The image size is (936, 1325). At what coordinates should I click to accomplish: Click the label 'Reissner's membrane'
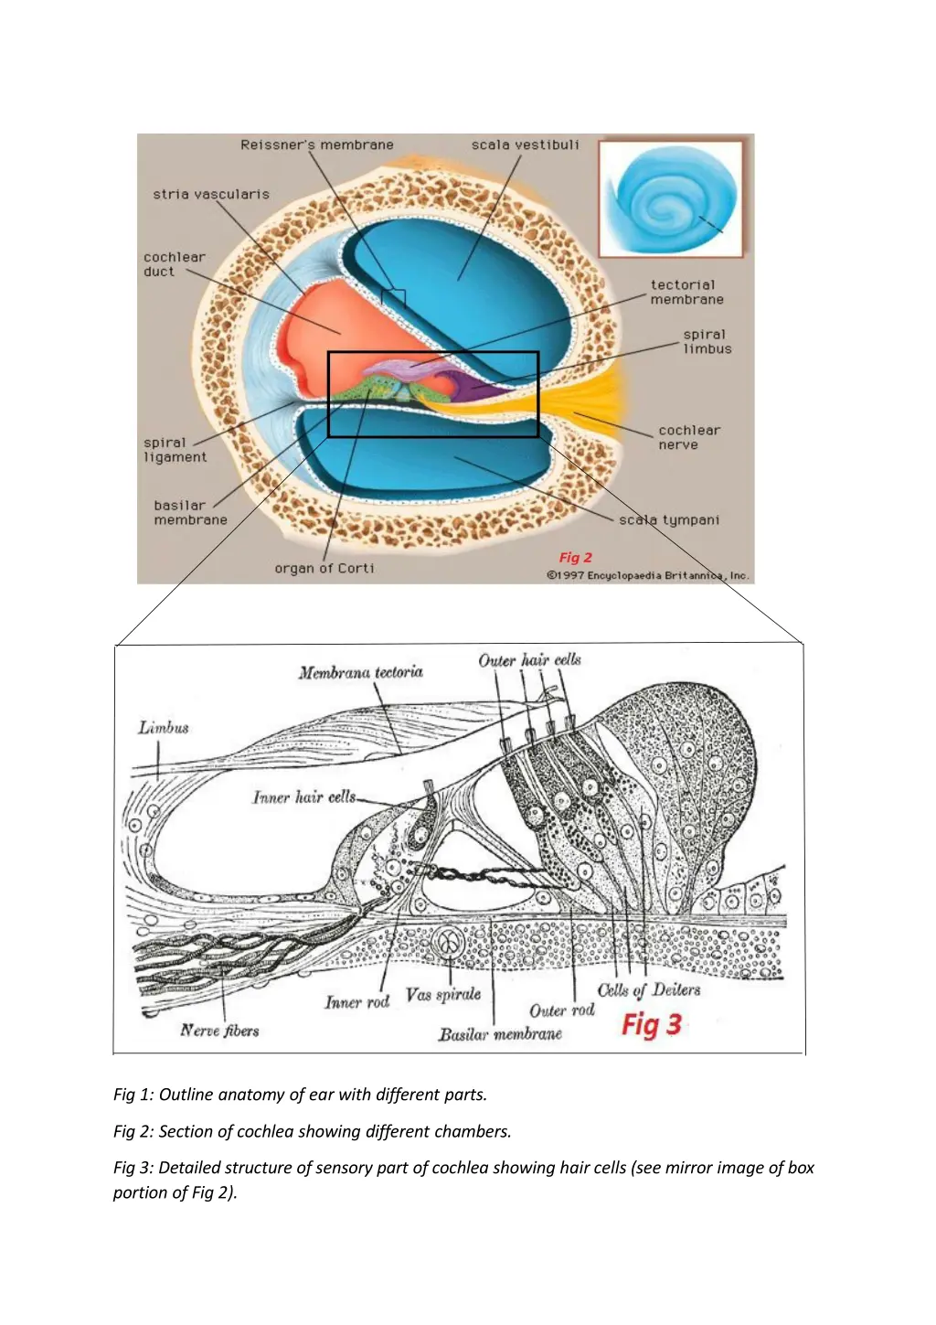coord(317,144)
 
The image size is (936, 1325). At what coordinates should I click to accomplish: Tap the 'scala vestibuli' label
coord(525,144)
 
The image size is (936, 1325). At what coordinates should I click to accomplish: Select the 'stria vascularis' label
coord(211,194)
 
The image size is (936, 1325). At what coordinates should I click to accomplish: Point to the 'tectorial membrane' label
coord(686,292)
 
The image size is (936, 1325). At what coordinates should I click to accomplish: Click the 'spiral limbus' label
coord(707,341)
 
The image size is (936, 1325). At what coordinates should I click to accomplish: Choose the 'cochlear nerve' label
coord(689,437)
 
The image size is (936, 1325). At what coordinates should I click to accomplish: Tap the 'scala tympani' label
coord(669,519)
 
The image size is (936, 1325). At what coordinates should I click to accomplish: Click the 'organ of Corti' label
coord(324,568)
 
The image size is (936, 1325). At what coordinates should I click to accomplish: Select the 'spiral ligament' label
coord(175,450)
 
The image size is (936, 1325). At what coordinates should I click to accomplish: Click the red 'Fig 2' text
coord(576,557)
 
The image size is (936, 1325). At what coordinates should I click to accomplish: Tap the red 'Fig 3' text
coord(652,1024)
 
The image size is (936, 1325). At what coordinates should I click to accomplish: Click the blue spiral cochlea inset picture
coord(672,200)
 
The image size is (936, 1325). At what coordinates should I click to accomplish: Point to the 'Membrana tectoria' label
coord(360,672)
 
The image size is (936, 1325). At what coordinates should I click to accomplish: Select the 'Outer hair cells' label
coord(529,659)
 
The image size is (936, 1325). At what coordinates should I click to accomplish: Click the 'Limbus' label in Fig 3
coord(164,728)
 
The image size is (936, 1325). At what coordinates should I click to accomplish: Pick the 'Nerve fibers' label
coord(219,1031)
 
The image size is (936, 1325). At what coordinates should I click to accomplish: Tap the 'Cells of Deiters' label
coord(649,989)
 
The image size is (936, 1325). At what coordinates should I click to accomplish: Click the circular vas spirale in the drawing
coord(449,942)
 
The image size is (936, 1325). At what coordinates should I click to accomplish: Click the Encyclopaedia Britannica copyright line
coord(647,575)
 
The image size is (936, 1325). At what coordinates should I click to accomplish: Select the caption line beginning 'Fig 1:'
coord(300,1094)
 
